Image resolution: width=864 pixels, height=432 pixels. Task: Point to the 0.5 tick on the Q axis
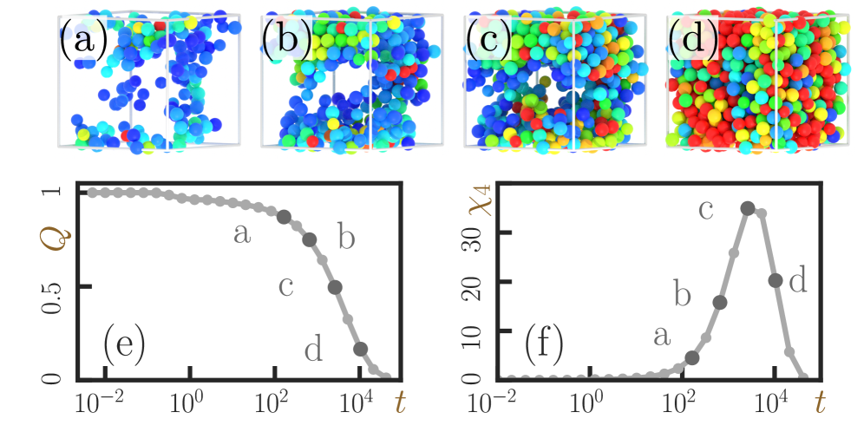point(53,287)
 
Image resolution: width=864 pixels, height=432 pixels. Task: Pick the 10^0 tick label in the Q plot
point(187,405)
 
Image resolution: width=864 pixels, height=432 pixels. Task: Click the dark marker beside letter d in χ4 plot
point(776,280)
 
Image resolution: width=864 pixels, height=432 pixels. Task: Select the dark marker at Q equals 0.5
point(335,287)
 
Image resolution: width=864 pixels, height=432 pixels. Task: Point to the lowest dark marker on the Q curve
point(361,349)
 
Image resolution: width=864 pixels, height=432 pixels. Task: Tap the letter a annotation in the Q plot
point(243,232)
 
